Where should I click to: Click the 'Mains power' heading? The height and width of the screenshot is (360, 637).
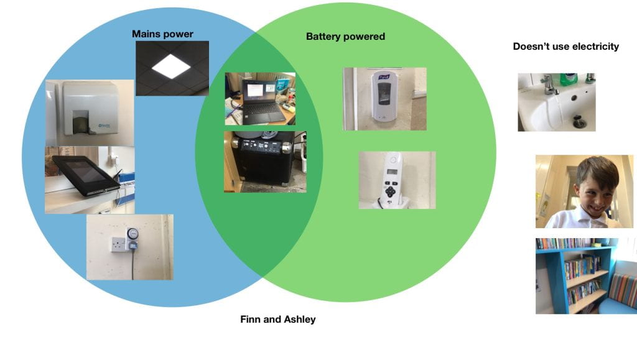162,34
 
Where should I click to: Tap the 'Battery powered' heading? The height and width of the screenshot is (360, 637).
345,37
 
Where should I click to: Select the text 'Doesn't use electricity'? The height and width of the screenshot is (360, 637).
565,46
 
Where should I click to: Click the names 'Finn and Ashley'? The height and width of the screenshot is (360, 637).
277,320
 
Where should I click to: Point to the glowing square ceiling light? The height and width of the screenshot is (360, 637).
172,67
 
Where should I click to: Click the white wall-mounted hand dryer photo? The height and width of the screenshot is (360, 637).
89,113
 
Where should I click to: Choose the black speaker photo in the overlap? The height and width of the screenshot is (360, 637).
265,162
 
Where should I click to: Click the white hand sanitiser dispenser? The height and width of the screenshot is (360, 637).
384,98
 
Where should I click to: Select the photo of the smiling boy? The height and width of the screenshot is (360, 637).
584,191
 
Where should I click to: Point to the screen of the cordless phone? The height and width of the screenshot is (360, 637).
391,172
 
